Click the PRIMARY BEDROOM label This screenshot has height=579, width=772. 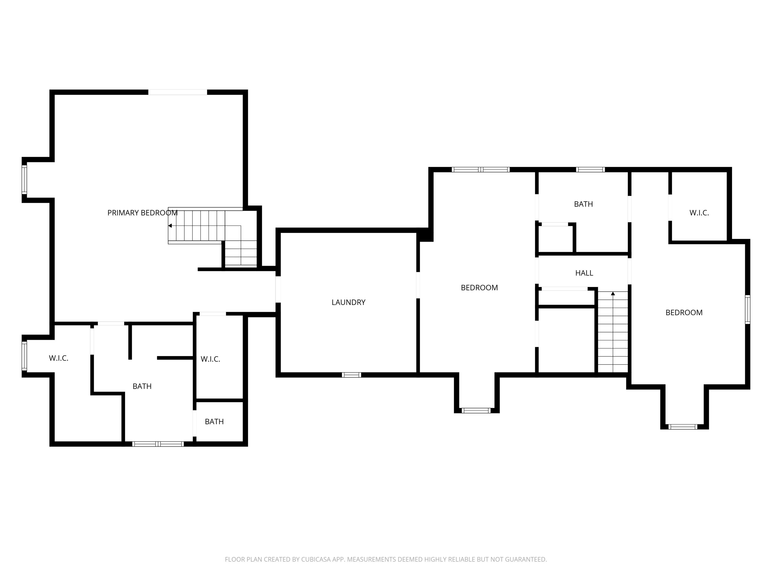(x=142, y=213)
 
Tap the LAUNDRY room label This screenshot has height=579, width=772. (x=348, y=302)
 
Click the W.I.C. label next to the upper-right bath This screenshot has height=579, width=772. (x=699, y=213)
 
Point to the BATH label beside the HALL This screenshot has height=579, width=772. (x=584, y=204)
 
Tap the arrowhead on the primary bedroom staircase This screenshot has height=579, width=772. (x=170, y=226)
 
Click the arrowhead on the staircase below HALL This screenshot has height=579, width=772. (x=613, y=294)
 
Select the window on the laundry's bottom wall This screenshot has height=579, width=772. (x=352, y=375)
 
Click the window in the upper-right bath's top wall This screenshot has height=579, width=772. (x=590, y=170)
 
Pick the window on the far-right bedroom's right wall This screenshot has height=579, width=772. (x=748, y=310)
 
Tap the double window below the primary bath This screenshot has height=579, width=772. (x=158, y=444)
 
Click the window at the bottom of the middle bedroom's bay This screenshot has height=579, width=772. (x=476, y=410)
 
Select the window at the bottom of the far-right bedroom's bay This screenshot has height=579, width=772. (x=683, y=426)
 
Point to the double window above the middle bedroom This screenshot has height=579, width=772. (x=480, y=170)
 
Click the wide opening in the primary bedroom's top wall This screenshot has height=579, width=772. (x=178, y=92)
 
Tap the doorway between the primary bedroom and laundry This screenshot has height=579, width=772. (x=278, y=289)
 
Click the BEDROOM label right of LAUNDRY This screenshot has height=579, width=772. (x=479, y=287)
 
